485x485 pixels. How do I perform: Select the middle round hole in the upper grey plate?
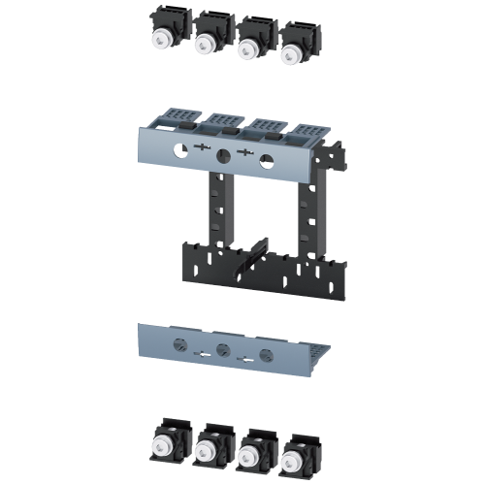click(x=222, y=154)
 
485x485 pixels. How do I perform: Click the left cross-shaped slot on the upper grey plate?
click(x=202, y=149)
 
